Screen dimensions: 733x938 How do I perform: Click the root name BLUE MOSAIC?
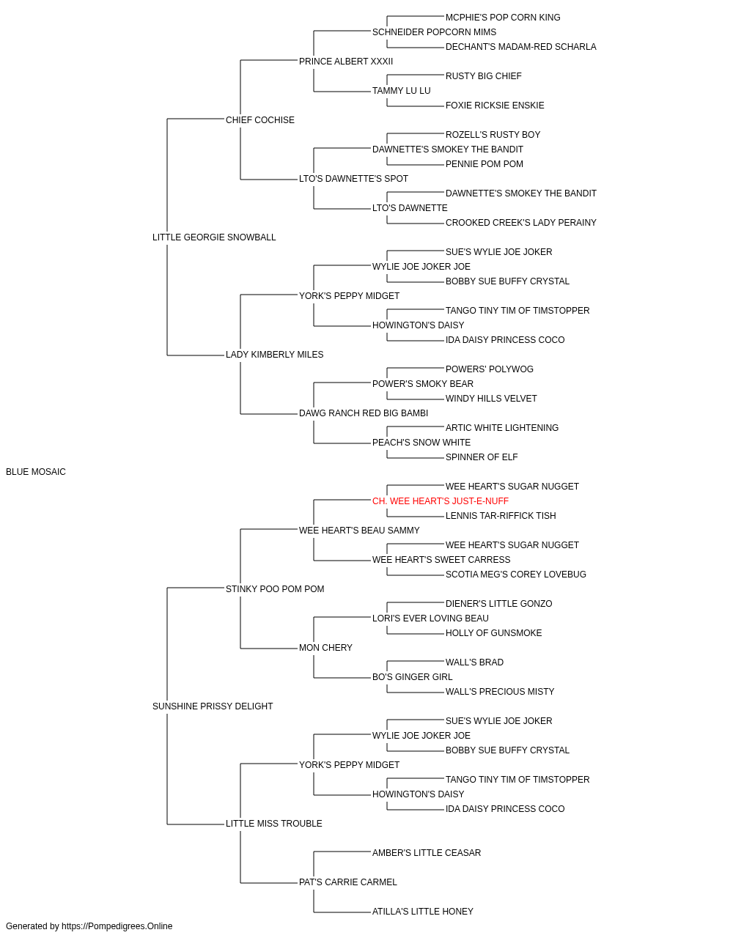[x=36, y=472]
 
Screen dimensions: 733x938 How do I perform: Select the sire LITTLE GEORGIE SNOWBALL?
[x=214, y=237]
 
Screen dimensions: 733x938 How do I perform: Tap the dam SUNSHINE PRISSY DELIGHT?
[x=213, y=706]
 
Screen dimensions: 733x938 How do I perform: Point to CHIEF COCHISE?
[x=260, y=120]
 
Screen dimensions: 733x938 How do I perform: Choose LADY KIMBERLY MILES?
[x=275, y=355]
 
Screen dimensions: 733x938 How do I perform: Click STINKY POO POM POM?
[x=275, y=588]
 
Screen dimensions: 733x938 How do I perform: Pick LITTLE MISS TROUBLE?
[x=273, y=823]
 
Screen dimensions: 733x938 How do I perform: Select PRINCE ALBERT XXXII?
[x=346, y=62]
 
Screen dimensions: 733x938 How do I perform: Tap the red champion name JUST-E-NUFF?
[x=441, y=501]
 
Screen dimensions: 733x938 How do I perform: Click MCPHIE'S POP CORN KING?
[x=503, y=18]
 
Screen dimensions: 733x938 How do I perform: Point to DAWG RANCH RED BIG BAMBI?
[x=364, y=413]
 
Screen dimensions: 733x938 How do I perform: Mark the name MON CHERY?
[x=325, y=648]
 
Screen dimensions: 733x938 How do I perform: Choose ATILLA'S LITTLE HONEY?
[x=423, y=911]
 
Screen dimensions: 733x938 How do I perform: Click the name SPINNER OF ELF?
[x=482, y=457]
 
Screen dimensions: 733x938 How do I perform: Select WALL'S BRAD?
[x=474, y=662]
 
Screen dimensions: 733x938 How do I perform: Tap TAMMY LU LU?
[x=402, y=91]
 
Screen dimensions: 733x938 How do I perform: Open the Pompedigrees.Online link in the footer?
[x=117, y=926]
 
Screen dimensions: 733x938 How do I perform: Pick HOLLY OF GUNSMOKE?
[x=493, y=633]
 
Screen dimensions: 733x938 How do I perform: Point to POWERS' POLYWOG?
[x=490, y=369]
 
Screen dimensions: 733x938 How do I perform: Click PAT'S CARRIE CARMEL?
[x=348, y=882]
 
